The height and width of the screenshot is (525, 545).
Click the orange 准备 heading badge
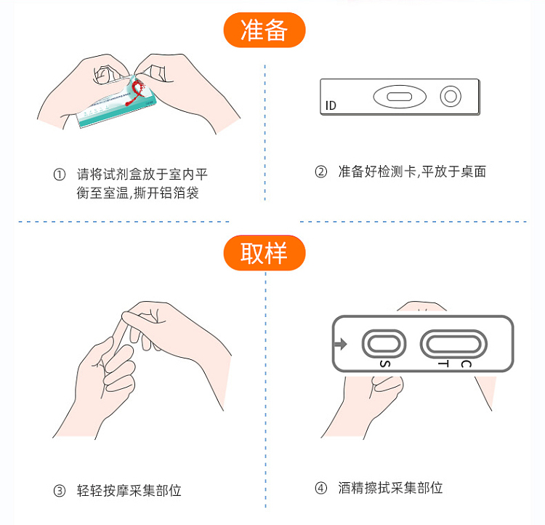tap(265, 30)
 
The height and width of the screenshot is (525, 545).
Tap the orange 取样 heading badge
tap(265, 252)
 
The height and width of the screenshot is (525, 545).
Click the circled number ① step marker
tap(60, 175)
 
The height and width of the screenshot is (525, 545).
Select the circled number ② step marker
tap(320, 172)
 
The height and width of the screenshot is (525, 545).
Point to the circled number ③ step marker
tap(60, 491)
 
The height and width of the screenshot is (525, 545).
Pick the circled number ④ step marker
tap(320, 488)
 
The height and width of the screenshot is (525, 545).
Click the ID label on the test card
tap(331, 105)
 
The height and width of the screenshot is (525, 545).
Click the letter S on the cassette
tap(384, 364)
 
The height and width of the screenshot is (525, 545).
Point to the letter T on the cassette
tap(443, 364)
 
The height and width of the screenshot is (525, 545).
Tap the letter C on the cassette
tap(466, 364)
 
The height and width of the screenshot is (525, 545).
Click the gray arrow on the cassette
tap(341, 344)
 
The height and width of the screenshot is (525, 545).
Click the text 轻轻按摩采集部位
tap(129, 491)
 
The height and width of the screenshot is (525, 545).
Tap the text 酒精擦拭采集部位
tap(391, 488)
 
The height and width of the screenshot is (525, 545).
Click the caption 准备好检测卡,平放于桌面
tap(412, 172)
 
